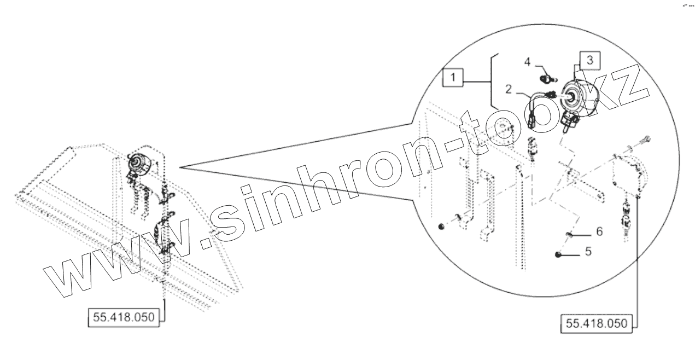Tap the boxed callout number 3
589,60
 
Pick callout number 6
599,232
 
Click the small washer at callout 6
568,235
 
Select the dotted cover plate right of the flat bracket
628,175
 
